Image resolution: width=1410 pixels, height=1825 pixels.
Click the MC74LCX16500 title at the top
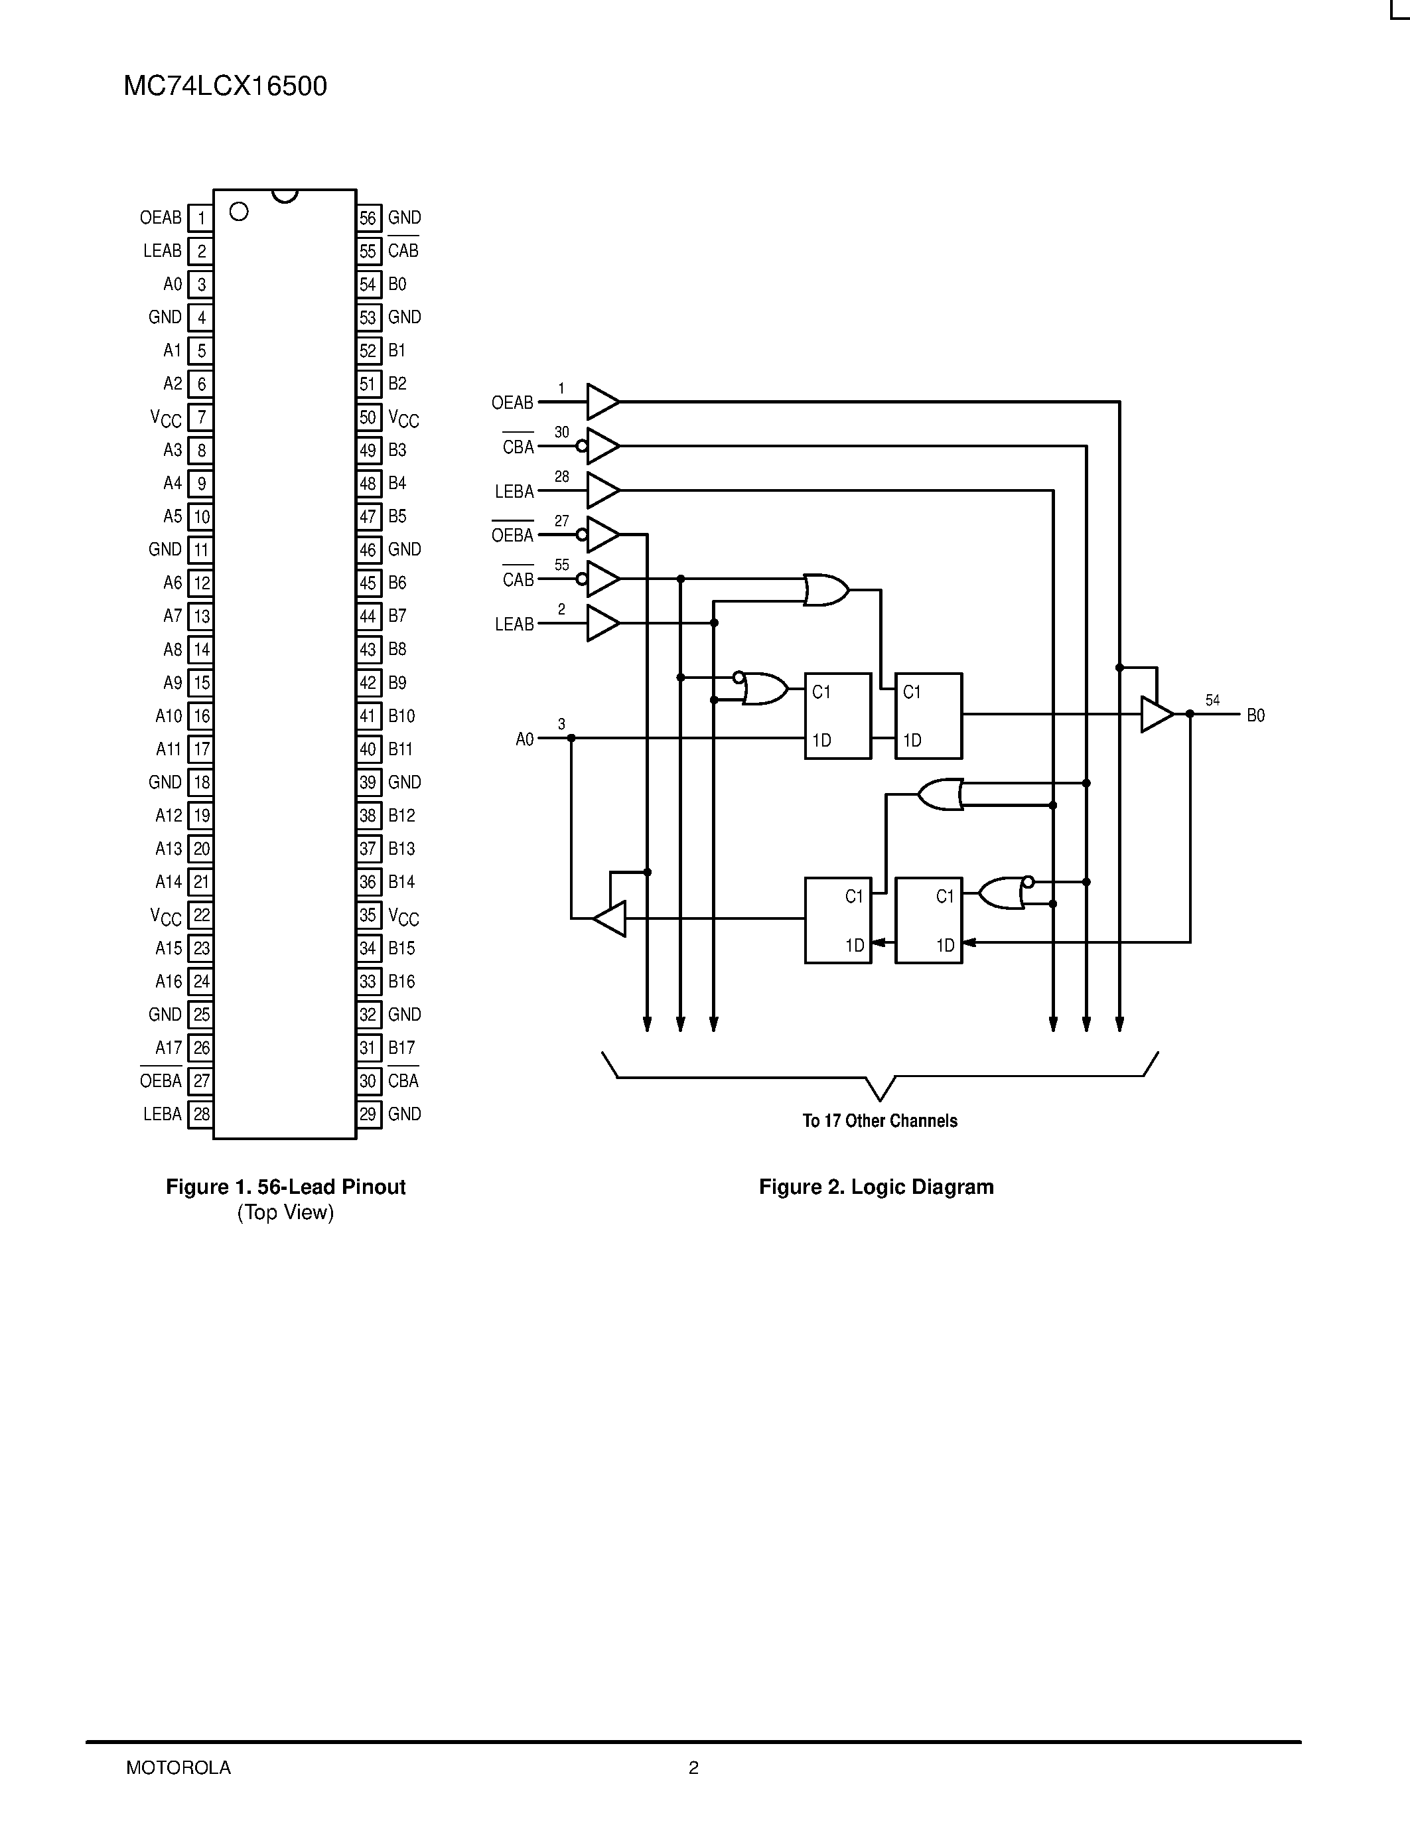(225, 87)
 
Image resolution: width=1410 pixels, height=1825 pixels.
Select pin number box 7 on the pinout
(201, 417)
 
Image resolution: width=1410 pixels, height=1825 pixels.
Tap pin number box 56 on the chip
(368, 218)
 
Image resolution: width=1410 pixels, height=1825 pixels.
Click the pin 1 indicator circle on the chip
(239, 212)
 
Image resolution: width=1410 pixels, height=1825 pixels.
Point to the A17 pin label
(168, 1048)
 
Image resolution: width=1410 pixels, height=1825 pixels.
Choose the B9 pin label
(397, 683)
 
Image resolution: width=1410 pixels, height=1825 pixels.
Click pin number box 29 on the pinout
(368, 1114)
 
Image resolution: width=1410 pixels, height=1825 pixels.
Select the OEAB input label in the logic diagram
(512, 403)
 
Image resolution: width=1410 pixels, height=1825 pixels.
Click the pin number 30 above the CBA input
(562, 432)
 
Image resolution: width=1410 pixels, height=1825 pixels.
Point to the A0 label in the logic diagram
(525, 739)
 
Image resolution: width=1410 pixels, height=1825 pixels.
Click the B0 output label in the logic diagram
(1255, 715)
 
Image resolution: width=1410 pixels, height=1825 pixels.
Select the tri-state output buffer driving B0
(1156, 715)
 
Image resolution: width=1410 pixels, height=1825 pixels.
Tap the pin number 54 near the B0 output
(1212, 700)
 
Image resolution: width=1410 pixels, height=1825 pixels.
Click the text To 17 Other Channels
(880, 1121)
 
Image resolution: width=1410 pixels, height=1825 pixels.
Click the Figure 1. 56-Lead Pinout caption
(286, 1187)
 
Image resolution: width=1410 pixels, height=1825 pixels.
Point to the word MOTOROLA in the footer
(178, 1767)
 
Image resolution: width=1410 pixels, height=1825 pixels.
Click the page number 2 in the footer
(693, 1767)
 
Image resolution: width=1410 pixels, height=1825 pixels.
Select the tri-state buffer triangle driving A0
(610, 918)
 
